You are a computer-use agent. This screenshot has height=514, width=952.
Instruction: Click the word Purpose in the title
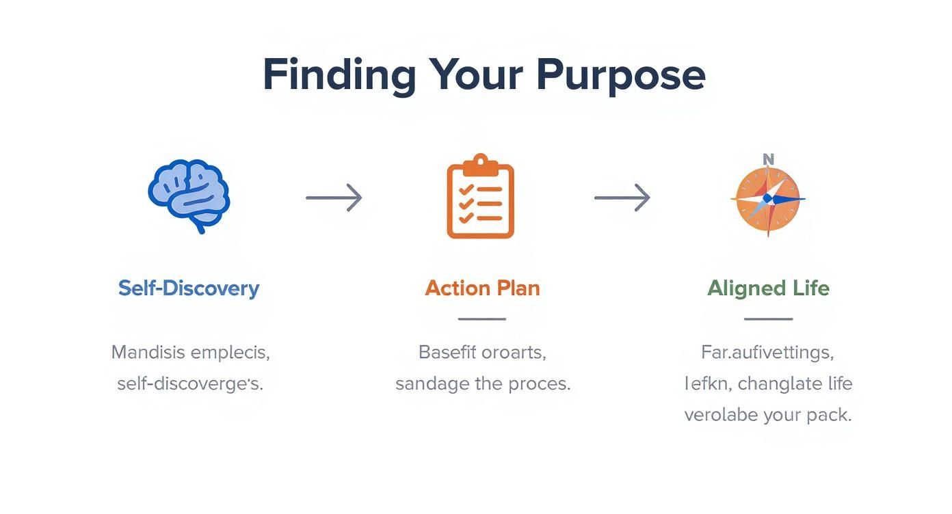pyautogui.click(x=620, y=75)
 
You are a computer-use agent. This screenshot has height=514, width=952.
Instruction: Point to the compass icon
pyautogui.click(x=767, y=199)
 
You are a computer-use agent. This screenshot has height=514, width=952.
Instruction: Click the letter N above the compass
pyautogui.click(x=768, y=159)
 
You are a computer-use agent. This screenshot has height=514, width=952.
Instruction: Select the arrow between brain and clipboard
pyautogui.click(x=334, y=198)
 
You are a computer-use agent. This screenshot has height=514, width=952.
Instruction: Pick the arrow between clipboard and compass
pyautogui.click(x=622, y=198)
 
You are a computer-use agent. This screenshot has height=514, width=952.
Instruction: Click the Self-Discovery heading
pyautogui.click(x=189, y=288)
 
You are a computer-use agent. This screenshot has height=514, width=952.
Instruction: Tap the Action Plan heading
pyautogui.click(x=482, y=288)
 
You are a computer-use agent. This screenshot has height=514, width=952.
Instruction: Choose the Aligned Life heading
pyautogui.click(x=768, y=288)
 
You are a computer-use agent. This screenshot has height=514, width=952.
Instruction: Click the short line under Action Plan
pyautogui.click(x=481, y=319)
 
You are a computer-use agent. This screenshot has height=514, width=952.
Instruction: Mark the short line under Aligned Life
pyautogui.click(x=768, y=319)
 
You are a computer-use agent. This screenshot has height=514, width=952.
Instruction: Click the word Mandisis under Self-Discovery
pyautogui.click(x=148, y=353)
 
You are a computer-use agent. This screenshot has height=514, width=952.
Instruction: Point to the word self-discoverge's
pyautogui.click(x=190, y=383)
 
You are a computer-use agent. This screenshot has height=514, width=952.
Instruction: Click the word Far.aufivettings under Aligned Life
pyautogui.click(x=767, y=353)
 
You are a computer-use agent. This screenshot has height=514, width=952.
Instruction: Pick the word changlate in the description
pyautogui.click(x=780, y=383)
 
